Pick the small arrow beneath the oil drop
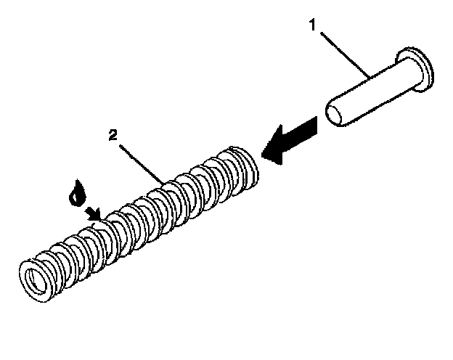coord(92,212)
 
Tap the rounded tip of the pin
coord(333,117)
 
